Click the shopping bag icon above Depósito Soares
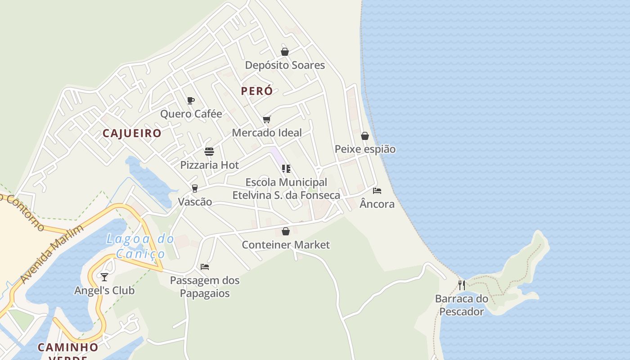[x=285, y=52]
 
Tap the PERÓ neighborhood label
[x=256, y=91]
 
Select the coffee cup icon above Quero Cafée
[x=191, y=100]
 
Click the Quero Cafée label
[x=191, y=114]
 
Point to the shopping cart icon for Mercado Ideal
[x=267, y=119]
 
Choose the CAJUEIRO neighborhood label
[x=132, y=133]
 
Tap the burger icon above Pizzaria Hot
[x=209, y=152]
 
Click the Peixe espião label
[x=365, y=149]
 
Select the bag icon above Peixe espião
[x=365, y=136]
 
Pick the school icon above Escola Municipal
[x=286, y=169]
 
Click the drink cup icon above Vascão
[x=195, y=189]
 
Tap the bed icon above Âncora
[x=377, y=191]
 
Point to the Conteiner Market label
[x=286, y=245]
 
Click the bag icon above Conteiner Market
[x=286, y=232]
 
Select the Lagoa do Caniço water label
[x=140, y=246]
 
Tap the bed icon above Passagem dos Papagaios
[x=205, y=267]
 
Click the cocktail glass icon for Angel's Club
[x=104, y=277]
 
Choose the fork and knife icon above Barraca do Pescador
[x=462, y=285]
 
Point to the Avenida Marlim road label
[x=52, y=254]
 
